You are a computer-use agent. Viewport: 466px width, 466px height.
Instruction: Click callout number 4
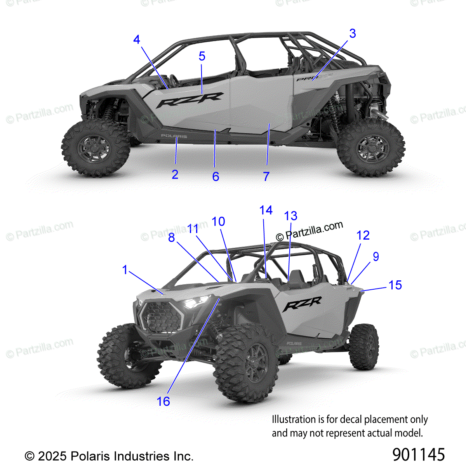click(x=136, y=40)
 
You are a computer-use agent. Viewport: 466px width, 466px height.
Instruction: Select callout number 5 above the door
click(x=202, y=56)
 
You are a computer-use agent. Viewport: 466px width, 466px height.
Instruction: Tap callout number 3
click(x=352, y=34)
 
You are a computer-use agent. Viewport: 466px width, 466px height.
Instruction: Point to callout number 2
click(x=175, y=174)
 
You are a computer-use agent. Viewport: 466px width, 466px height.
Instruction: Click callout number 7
click(x=266, y=176)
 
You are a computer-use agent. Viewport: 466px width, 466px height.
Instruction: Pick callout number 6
click(x=216, y=176)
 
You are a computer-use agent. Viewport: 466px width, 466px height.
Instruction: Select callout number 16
click(x=163, y=401)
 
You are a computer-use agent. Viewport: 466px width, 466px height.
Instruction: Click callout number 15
click(x=395, y=285)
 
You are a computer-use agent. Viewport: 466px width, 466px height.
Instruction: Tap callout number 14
click(x=266, y=210)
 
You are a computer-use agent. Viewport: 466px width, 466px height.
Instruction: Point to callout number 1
click(x=125, y=270)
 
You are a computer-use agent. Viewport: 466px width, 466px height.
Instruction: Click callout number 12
click(x=363, y=235)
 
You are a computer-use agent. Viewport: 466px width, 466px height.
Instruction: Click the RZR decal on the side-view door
click(x=190, y=100)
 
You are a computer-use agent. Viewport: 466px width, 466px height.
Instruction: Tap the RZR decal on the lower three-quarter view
click(x=302, y=304)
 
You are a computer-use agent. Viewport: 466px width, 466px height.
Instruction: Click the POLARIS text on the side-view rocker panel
click(x=174, y=136)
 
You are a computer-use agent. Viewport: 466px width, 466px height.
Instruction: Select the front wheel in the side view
click(x=95, y=146)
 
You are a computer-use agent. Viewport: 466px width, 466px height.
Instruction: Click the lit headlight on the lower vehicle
click(x=196, y=301)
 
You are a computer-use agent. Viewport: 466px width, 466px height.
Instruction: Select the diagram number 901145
click(x=418, y=454)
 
